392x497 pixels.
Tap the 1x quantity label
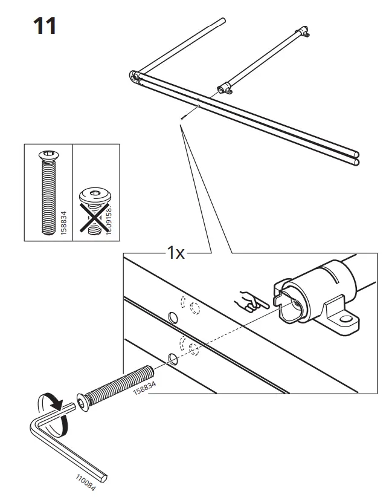pyautogui.click(x=175, y=253)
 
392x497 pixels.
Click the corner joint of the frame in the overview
pyautogui.click(x=134, y=76)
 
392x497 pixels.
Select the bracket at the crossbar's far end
pyautogui.click(x=304, y=33)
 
